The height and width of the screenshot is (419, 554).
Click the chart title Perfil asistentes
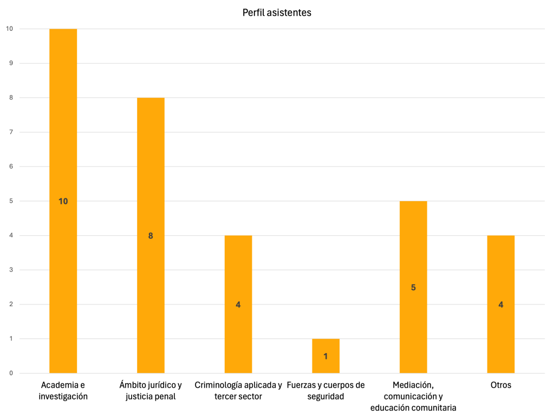pyautogui.click(x=277, y=12)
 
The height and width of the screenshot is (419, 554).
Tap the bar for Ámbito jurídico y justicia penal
pyautogui.click(x=151, y=173)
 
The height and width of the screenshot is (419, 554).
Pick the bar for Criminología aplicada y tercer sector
pyautogui.click(x=238, y=270)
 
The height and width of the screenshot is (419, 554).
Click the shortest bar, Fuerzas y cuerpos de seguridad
pyautogui.click(x=325, y=346)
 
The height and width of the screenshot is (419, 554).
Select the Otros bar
pyautogui.click(x=500, y=270)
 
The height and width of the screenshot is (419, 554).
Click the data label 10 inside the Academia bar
pyautogui.click(x=63, y=201)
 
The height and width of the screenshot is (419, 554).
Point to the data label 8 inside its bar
pyautogui.click(x=151, y=236)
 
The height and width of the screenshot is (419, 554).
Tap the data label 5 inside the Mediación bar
pyautogui.click(x=413, y=288)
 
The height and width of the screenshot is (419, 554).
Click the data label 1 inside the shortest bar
pyautogui.click(x=325, y=356)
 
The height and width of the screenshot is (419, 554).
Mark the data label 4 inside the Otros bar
pyautogui.click(x=500, y=305)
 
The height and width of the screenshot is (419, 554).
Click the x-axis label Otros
pyautogui.click(x=500, y=385)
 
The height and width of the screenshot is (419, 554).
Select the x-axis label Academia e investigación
pyautogui.click(x=63, y=391)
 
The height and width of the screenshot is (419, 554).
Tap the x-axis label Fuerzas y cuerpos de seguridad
pyautogui.click(x=325, y=391)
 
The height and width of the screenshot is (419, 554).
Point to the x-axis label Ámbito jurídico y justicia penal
pyautogui.click(x=151, y=391)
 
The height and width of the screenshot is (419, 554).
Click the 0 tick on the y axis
pyautogui.click(x=10, y=373)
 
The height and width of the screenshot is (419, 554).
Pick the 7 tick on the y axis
pyautogui.click(x=10, y=132)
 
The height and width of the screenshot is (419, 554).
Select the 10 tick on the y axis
pyautogui.click(x=9, y=29)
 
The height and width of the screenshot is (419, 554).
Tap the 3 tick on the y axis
pyautogui.click(x=10, y=270)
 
